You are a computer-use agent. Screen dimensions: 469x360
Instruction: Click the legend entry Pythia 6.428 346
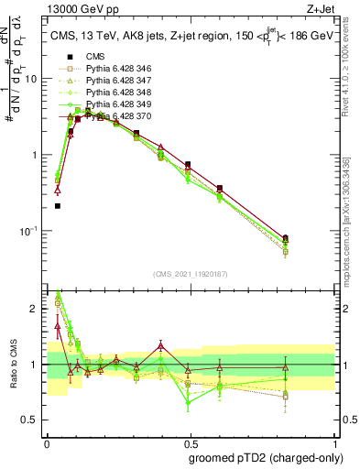click(115, 69)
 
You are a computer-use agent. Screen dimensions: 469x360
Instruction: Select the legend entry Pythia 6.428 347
click(115, 81)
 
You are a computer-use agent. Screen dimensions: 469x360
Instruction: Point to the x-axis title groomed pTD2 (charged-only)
click(265, 456)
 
